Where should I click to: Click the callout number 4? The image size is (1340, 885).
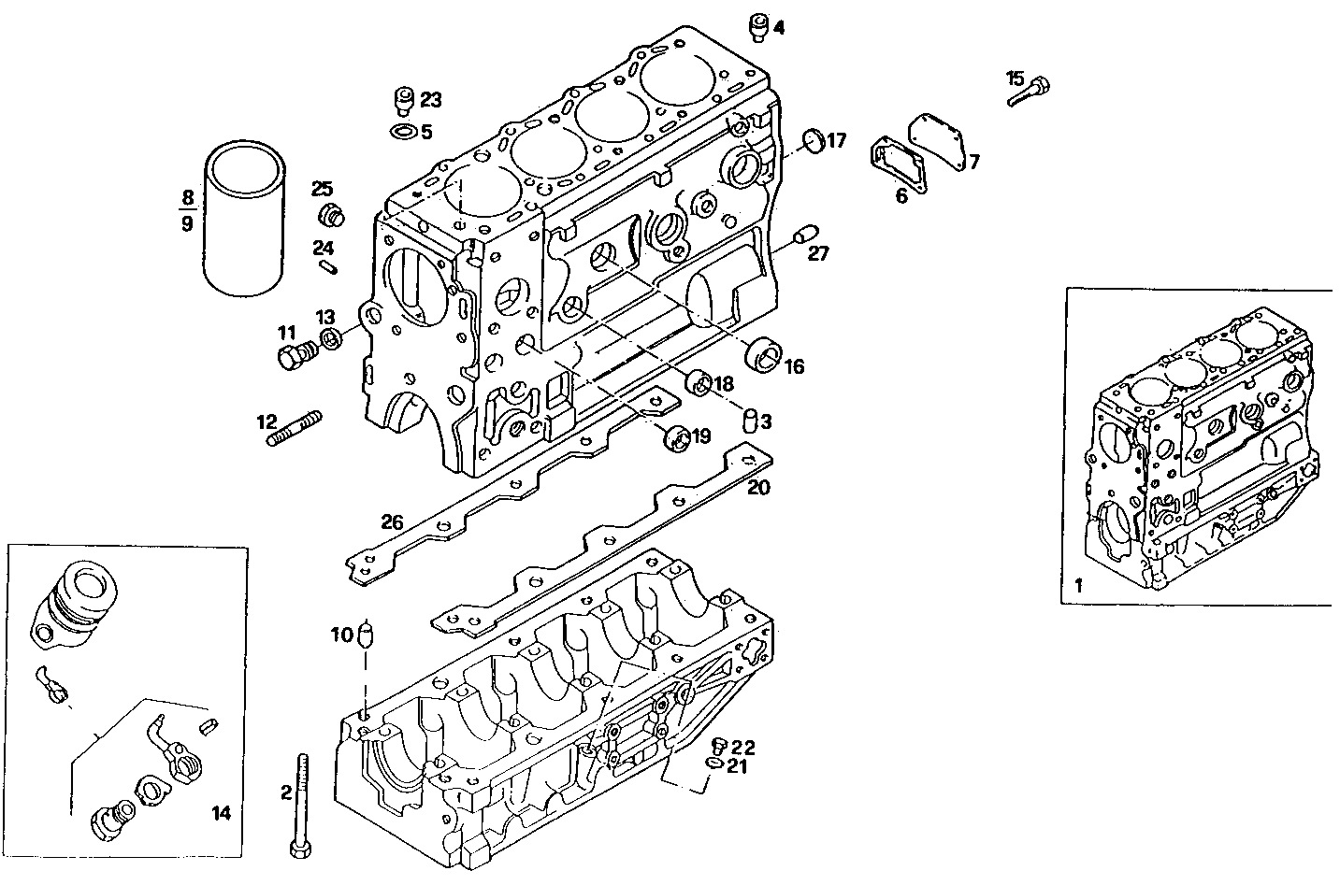[779, 27]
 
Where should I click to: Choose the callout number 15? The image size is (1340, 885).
[1016, 78]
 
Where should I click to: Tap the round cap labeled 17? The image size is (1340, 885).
[812, 140]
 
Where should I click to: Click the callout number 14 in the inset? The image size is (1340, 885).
[221, 813]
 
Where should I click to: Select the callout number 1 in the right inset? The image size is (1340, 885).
[1078, 586]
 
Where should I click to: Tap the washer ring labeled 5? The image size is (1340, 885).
[403, 132]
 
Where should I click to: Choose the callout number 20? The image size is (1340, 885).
[758, 487]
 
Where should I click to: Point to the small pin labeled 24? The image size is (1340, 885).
[327, 267]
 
